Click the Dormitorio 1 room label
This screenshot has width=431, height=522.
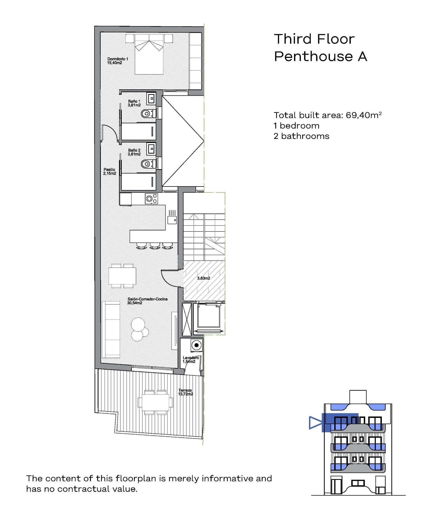[117, 61]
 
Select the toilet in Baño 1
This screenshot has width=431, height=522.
[147, 114]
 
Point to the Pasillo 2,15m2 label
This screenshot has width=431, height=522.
[110, 171]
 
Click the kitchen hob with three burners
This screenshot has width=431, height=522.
[151, 198]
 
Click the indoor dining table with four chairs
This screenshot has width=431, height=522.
[122, 276]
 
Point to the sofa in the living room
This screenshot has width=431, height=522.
[111, 329]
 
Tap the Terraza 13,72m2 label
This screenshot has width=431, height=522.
[186, 392]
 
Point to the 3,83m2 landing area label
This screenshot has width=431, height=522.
[204, 278]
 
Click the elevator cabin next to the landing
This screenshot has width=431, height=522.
[208, 316]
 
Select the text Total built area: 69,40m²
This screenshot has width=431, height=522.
[327, 115]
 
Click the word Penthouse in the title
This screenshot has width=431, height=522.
[313, 56]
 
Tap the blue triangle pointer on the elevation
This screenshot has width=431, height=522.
[314, 423]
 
